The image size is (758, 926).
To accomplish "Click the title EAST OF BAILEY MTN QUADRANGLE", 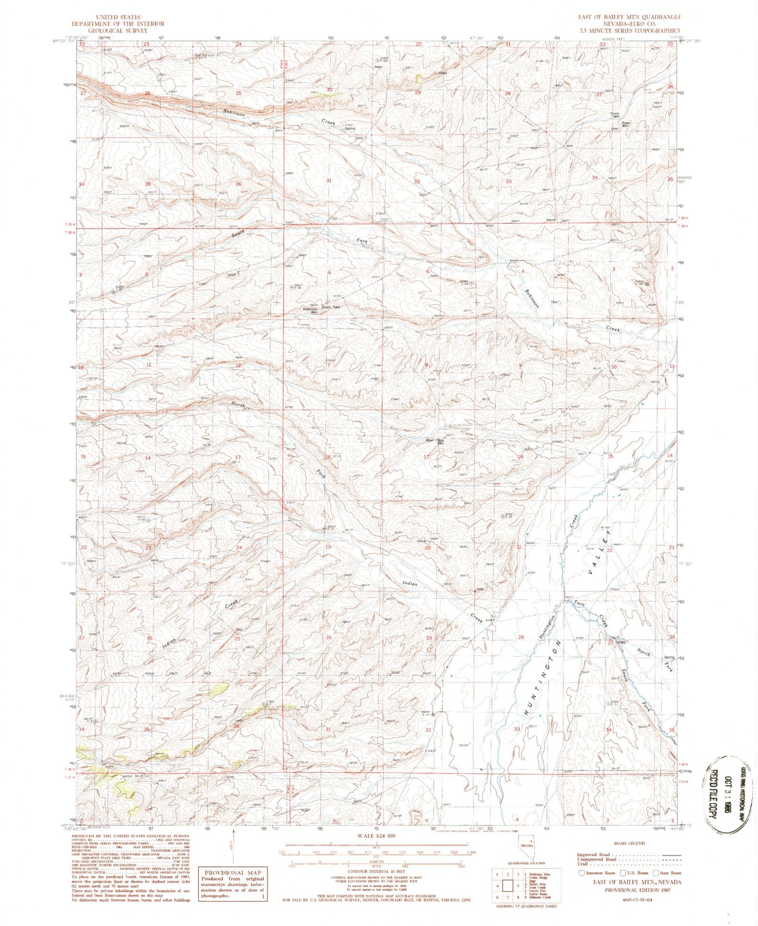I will pos(629,17).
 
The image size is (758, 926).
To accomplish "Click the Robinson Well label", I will pos(310,309).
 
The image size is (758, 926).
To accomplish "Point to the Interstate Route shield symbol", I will pos(581,873).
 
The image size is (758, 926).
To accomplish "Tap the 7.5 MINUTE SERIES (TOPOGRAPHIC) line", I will pos(629,30).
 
